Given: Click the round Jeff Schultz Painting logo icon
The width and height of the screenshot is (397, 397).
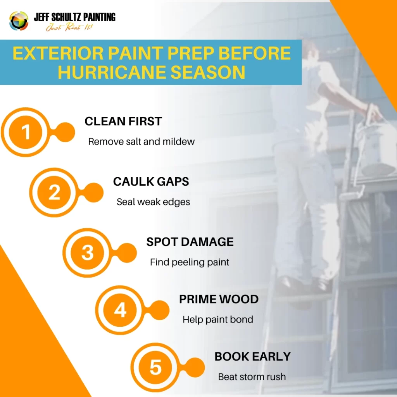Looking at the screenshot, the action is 19,21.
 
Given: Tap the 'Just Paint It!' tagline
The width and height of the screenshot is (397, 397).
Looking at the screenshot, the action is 69,27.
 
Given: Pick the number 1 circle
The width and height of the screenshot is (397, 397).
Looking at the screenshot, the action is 25,132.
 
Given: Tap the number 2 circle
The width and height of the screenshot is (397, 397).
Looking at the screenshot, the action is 54,192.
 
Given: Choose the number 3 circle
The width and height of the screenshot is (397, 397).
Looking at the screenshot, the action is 87,252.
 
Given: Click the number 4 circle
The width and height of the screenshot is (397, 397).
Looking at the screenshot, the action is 120,310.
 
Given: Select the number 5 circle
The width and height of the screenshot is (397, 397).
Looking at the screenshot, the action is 155,368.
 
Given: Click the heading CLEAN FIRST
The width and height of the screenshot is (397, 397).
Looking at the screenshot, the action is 123,121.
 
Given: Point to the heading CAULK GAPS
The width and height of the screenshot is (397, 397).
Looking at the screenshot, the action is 151,181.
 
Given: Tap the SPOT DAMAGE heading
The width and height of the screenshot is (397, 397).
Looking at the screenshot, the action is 190,242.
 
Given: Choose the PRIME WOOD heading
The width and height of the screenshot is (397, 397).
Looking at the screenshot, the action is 219,299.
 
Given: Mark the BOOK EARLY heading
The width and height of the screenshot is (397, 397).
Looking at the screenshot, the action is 252,357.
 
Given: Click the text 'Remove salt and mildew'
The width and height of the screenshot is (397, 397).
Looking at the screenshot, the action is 141,142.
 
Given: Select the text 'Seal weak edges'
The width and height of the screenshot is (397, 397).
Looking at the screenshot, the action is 153,202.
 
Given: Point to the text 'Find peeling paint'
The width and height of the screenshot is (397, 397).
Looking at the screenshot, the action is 189,262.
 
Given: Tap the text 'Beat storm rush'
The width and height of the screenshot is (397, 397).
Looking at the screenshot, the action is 252,377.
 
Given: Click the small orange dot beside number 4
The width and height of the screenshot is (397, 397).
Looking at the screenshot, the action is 159,310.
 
